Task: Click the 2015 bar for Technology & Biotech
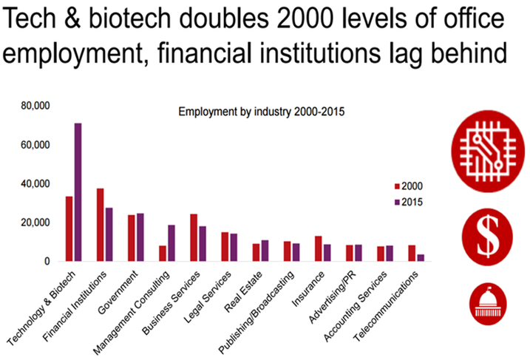78,192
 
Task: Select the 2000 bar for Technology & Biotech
69,228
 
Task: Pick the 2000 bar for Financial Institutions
101,225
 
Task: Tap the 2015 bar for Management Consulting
171,243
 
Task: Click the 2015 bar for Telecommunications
421,257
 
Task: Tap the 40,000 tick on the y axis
35,183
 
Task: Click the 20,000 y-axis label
35,223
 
